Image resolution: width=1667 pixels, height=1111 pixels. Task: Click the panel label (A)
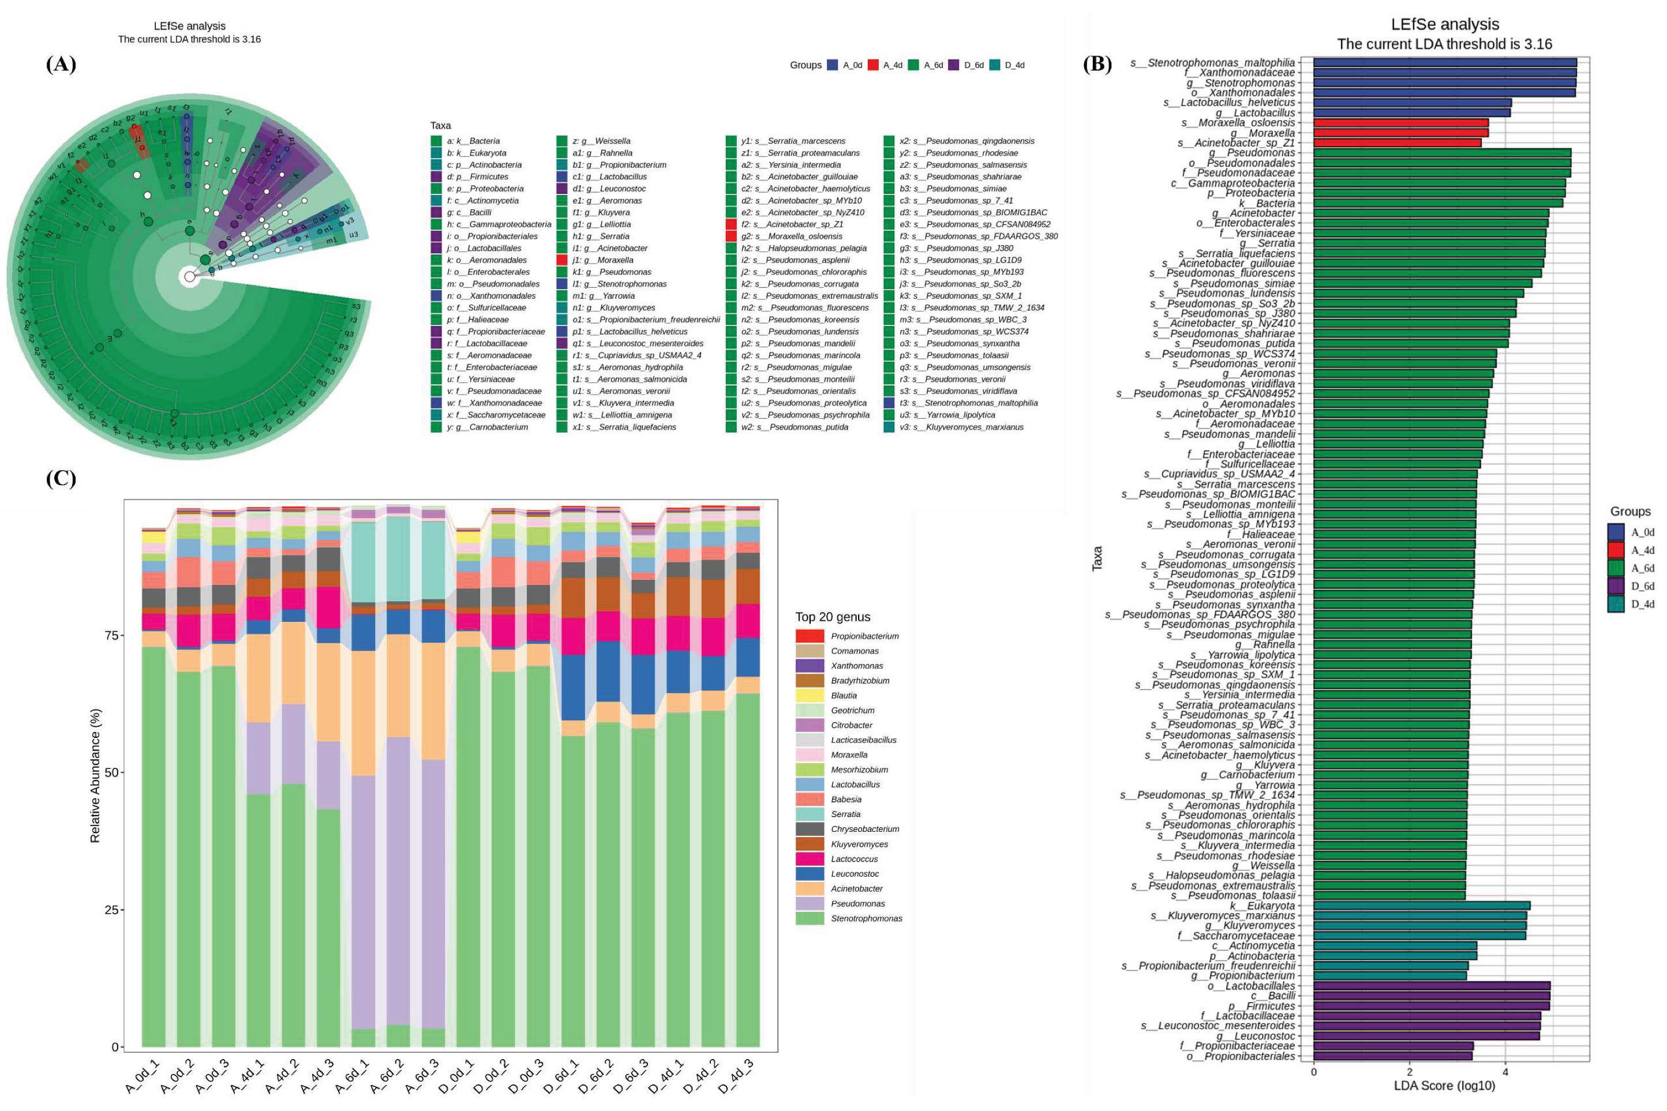click(x=61, y=65)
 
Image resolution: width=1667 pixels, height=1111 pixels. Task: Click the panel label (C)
click(x=61, y=479)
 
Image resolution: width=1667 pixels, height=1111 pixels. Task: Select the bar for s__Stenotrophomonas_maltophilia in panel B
click(x=1444, y=63)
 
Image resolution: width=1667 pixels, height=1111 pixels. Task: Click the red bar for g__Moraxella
click(x=1400, y=133)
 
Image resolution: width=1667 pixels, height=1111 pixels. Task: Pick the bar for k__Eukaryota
click(x=1421, y=906)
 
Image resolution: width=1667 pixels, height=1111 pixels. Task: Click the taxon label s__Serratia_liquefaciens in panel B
click(x=1236, y=254)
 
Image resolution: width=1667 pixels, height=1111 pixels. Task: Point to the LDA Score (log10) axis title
click(x=1444, y=1086)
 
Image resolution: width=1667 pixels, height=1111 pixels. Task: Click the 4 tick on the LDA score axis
click(x=1505, y=1072)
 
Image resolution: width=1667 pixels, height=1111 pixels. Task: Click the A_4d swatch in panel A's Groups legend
click(x=873, y=65)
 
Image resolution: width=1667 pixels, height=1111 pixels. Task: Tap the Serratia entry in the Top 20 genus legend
click(x=845, y=814)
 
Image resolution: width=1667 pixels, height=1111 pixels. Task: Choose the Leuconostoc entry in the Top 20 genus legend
click(x=855, y=874)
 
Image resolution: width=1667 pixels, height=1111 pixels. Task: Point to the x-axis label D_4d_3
click(x=737, y=1078)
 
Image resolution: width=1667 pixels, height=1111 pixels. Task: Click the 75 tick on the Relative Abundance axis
click(x=111, y=636)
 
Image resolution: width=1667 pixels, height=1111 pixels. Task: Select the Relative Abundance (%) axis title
click(x=95, y=776)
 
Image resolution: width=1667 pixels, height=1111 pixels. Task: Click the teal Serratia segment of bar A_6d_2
click(x=398, y=558)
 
